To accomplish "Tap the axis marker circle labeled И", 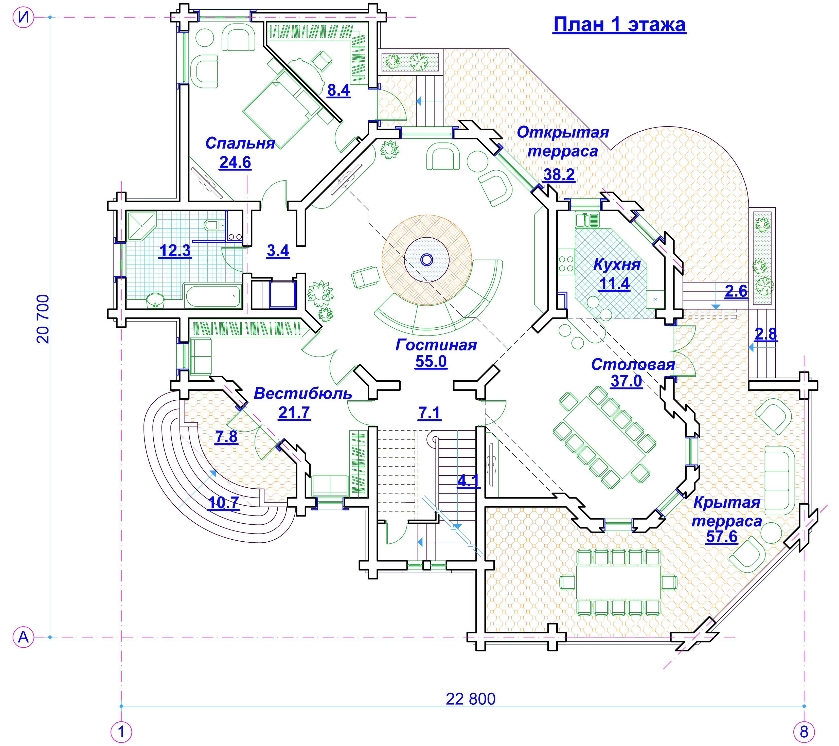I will click(23, 17).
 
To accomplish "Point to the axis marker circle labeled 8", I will click(804, 732).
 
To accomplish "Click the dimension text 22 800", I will click(470, 699).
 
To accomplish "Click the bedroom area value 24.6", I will click(235, 163).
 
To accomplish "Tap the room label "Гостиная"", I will click(436, 345).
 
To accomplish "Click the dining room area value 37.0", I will click(626, 381).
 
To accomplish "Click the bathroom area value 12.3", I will click(175, 251).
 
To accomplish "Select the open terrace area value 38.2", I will click(559, 174).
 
